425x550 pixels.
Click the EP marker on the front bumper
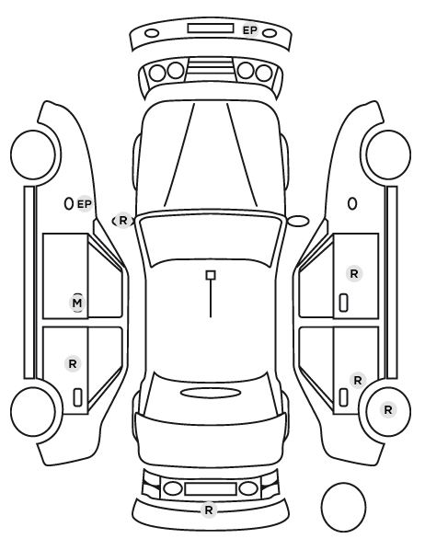tap(250, 30)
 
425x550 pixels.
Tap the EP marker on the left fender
tap(85, 204)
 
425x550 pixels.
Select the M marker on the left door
tap(77, 303)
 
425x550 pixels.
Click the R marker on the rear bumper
tap(209, 510)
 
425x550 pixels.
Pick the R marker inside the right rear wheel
tap(388, 409)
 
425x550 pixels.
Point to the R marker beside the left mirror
tap(123, 221)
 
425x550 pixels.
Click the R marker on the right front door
tap(354, 273)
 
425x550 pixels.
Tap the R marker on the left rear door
tap(73, 363)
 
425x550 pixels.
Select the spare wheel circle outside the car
tap(343, 507)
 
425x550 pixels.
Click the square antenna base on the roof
tap(211, 275)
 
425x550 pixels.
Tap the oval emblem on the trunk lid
tap(211, 393)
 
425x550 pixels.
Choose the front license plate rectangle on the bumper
tap(211, 29)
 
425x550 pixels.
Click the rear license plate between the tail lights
tap(211, 488)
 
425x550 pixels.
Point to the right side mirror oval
tap(298, 222)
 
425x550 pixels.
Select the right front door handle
tap(343, 303)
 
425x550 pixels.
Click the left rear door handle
tap(77, 397)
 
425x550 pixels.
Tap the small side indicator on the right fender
tap(352, 204)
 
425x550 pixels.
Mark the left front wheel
tap(33, 155)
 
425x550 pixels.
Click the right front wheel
tap(388, 155)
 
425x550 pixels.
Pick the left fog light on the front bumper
tap(152, 33)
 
